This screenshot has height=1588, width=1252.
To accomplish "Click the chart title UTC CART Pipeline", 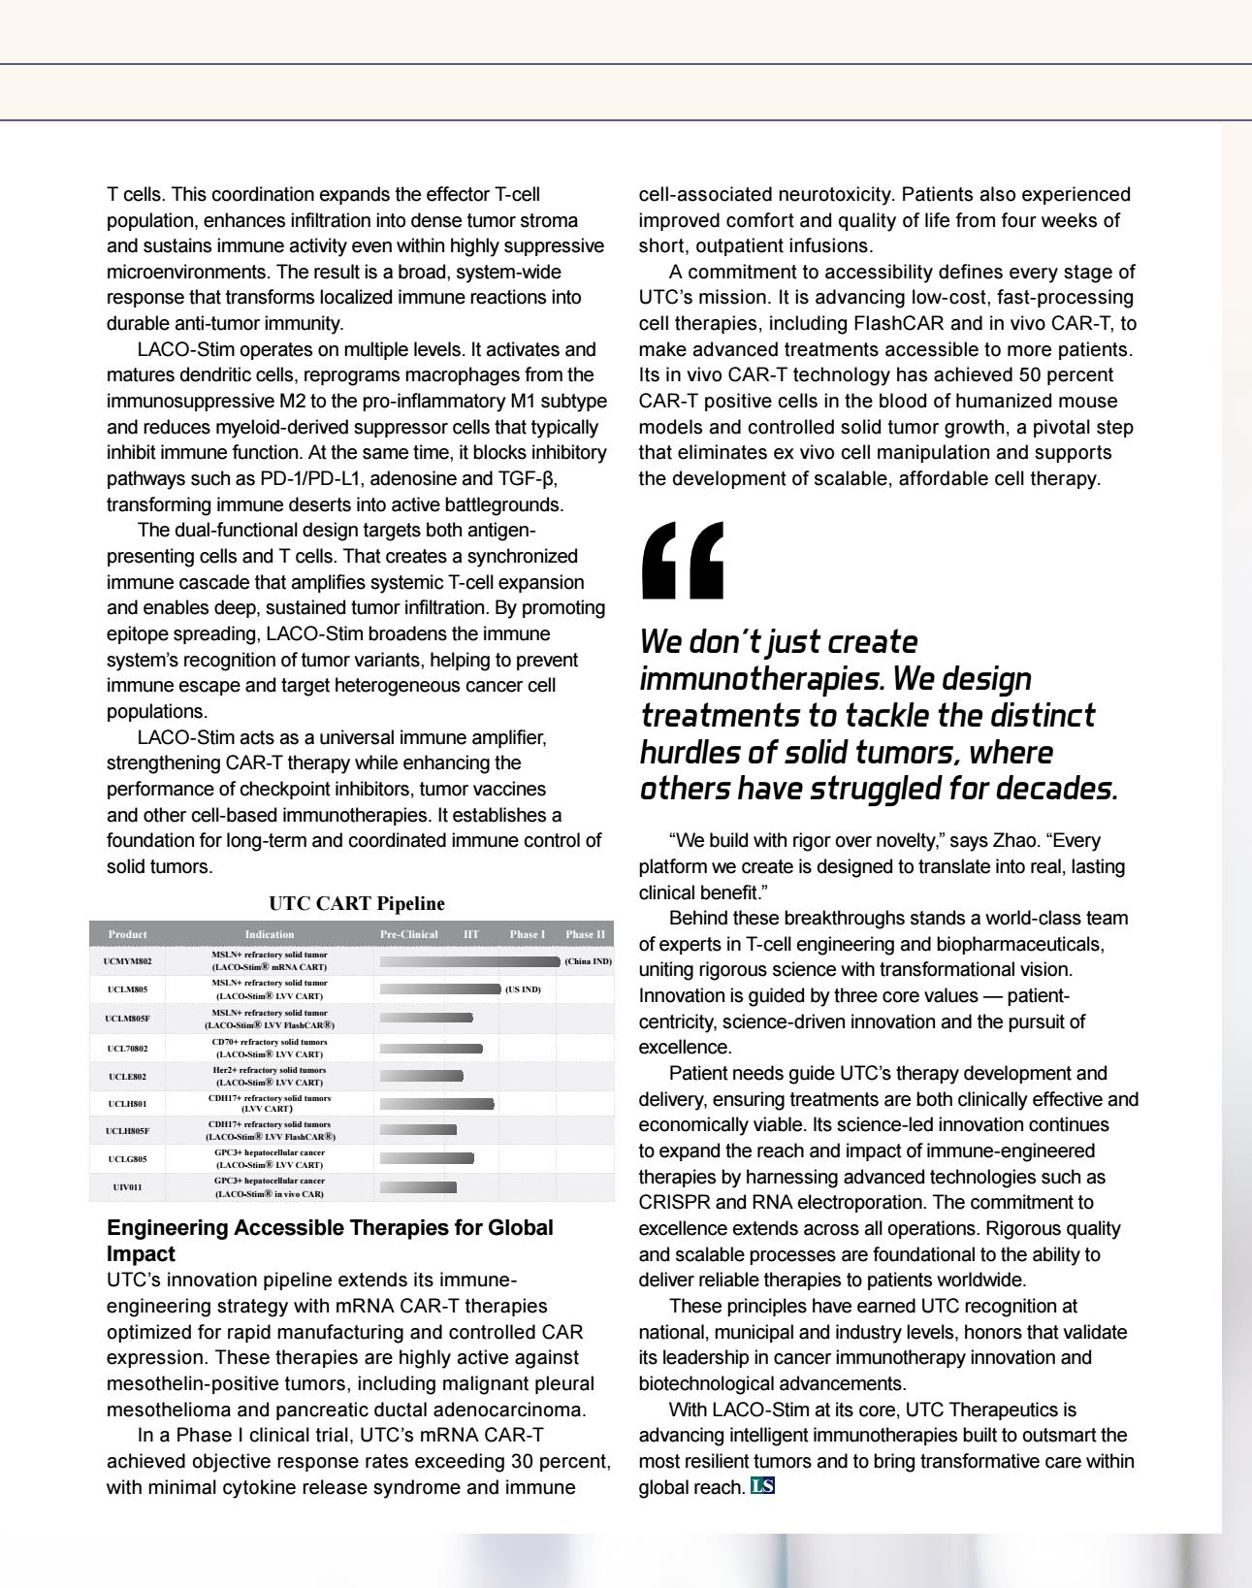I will click(x=357, y=903).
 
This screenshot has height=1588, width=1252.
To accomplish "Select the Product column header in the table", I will click(x=127, y=934).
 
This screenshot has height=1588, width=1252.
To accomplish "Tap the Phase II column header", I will click(x=586, y=934).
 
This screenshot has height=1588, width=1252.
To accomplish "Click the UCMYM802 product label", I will click(x=127, y=961).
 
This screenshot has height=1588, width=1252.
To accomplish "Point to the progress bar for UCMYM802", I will click(x=469, y=961).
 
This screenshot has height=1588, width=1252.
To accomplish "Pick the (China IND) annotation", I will click(x=588, y=961).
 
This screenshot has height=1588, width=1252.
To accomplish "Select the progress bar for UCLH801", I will click(x=436, y=1103).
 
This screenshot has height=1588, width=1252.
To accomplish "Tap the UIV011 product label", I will click(x=127, y=1186).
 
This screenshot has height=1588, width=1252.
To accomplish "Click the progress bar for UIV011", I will click(x=418, y=1186).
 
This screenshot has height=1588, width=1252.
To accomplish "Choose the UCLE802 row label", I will click(x=127, y=1076).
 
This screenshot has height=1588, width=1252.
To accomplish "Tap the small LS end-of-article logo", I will click(x=763, y=1485).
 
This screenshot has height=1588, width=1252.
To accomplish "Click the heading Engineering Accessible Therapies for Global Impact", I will click(x=330, y=1240).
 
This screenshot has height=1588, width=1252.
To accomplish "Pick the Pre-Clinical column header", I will click(x=409, y=934).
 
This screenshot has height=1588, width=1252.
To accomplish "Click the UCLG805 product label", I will click(x=127, y=1158).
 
